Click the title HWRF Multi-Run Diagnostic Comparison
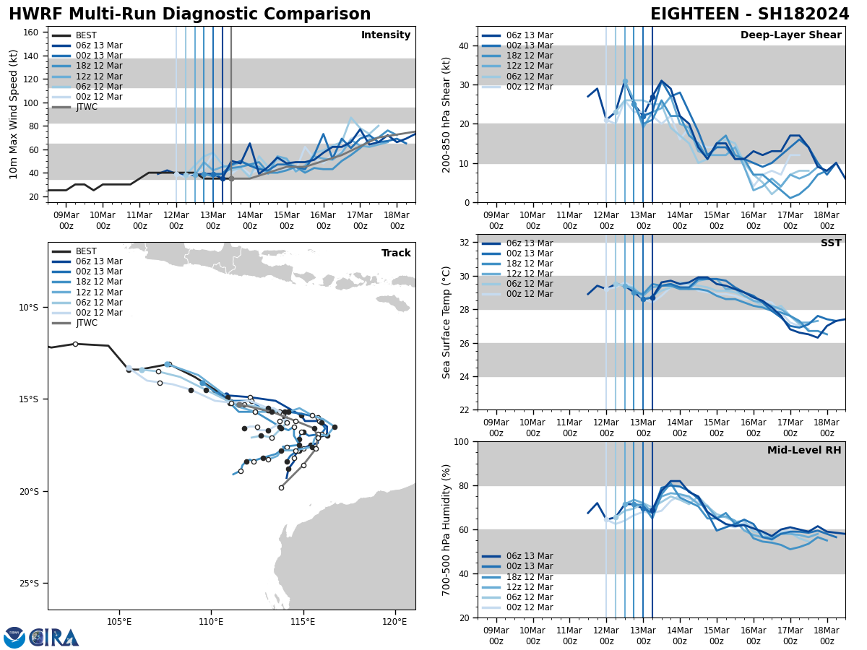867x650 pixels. [189, 14]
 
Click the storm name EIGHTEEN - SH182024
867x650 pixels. [749, 14]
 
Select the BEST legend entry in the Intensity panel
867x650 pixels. [86, 35]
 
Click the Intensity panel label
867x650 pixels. [386, 35]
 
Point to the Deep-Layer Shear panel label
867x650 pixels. [790, 35]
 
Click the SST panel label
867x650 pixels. [831, 243]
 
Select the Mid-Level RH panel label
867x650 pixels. [804, 451]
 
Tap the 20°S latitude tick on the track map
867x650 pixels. [28, 492]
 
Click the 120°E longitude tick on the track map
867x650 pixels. [394, 621]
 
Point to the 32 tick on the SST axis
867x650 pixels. [465, 243]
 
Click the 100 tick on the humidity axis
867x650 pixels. [462, 441]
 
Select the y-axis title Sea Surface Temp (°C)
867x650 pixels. [447, 322]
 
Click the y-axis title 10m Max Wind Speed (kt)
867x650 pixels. [14, 114]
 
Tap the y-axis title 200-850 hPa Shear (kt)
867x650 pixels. [447, 114]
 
